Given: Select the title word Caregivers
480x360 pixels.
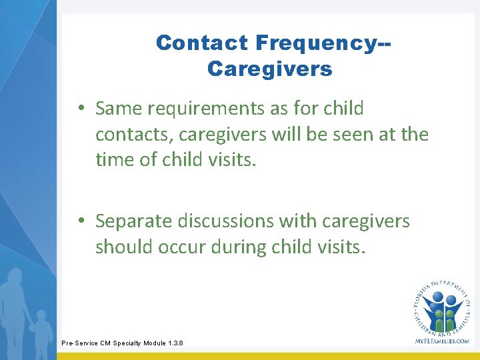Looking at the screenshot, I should tap(269, 69).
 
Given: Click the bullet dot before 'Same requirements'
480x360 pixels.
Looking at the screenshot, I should tap(79, 109).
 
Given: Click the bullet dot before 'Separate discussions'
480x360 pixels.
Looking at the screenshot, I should tap(79, 221).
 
